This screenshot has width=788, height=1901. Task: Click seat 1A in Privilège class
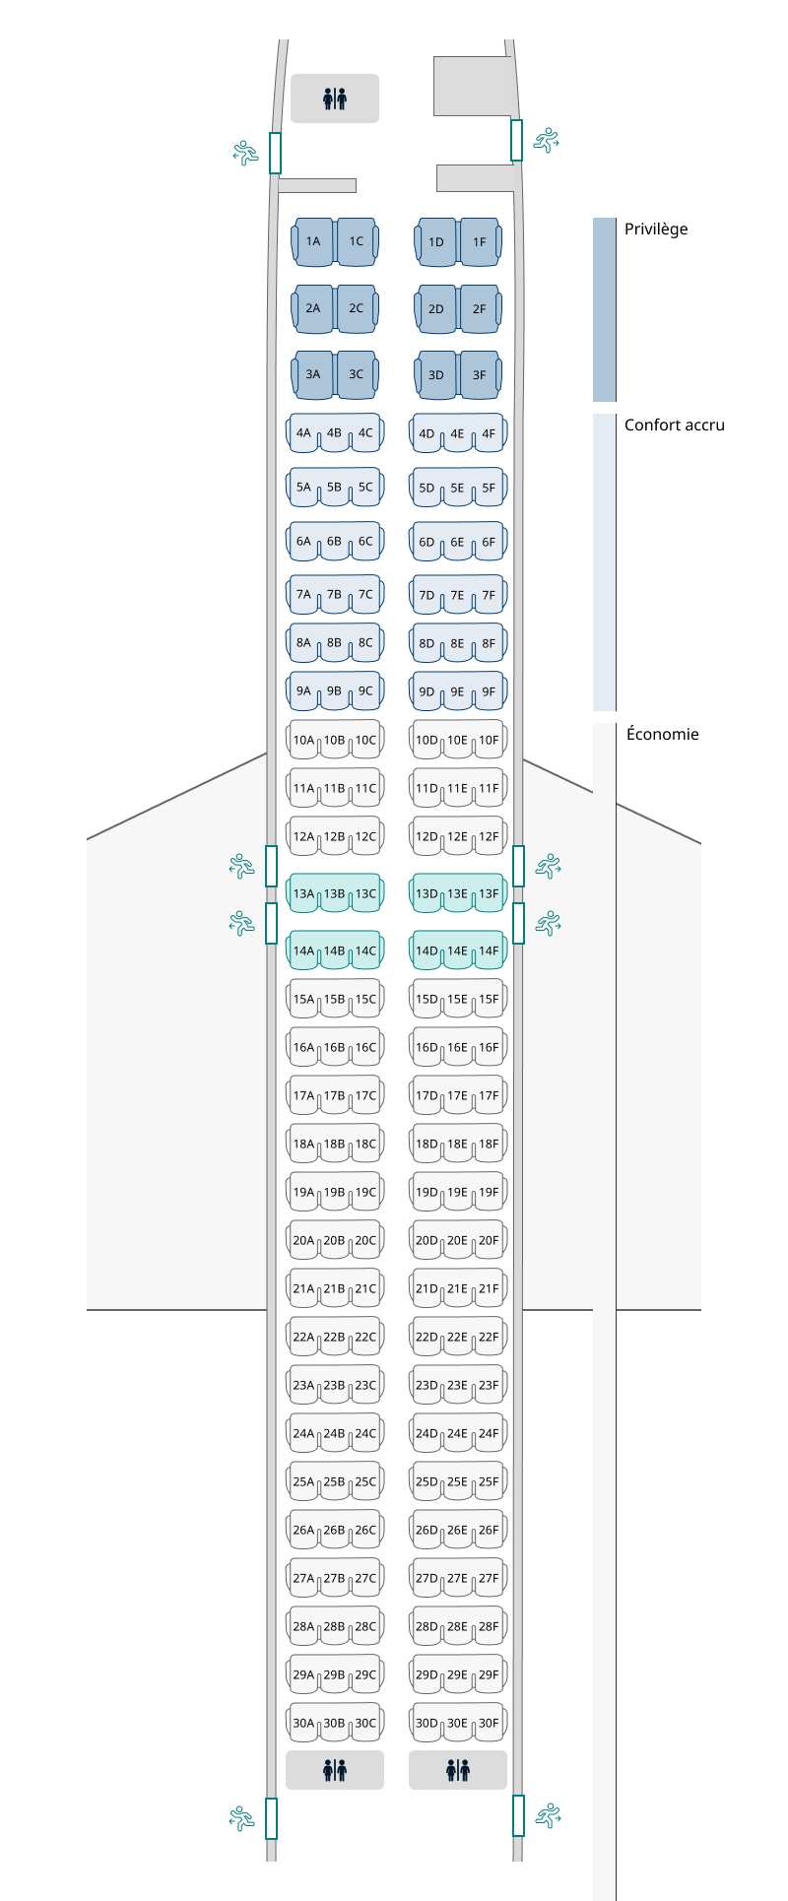(313, 241)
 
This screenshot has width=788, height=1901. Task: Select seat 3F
(479, 374)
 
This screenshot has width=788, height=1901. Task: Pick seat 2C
(356, 308)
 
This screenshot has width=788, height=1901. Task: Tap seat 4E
(457, 433)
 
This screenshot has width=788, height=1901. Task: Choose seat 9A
(303, 691)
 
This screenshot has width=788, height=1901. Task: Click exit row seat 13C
(365, 894)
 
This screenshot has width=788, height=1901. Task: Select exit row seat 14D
(427, 951)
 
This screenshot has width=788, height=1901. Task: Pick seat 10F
(489, 741)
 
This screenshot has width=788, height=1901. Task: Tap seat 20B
(334, 1241)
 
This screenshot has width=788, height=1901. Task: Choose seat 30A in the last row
(303, 1724)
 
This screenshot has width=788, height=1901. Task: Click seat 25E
(457, 1482)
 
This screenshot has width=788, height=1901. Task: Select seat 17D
(427, 1096)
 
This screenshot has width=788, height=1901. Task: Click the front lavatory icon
(335, 98)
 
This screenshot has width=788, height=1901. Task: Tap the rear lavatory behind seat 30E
(458, 1770)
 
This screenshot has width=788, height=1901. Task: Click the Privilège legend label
(656, 229)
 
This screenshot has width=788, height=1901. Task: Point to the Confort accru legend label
(675, 426)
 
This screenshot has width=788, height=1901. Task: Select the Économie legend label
(663, 734)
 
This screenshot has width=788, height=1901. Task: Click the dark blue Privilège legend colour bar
(604, 309)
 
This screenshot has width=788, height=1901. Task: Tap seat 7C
(365, 595)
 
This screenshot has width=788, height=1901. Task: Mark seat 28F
(489, 1627)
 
